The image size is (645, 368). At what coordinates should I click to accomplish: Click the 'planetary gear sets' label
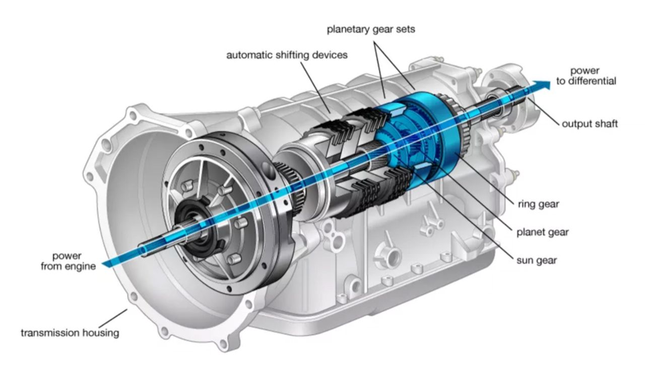[371, 29]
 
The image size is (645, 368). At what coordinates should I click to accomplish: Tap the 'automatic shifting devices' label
[287, 55]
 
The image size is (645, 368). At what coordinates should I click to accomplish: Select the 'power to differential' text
[586, 76]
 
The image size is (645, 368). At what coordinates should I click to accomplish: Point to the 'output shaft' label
[590, 124]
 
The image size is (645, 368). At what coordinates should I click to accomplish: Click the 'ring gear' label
[538, 204]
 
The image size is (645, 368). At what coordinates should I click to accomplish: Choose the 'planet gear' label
[542, 232]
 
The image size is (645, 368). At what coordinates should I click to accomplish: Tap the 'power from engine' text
[68, 262]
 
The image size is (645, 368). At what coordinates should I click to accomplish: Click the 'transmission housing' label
[70, 333]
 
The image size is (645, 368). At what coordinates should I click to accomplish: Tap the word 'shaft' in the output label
[606, 124]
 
